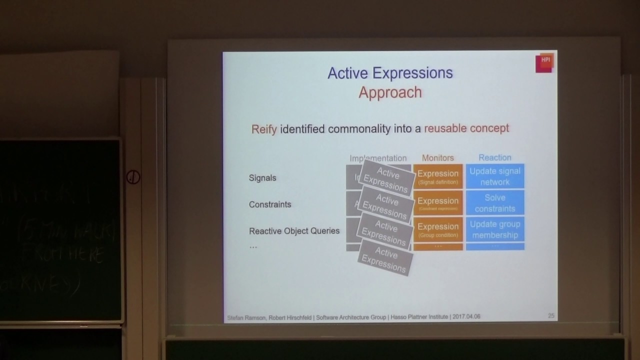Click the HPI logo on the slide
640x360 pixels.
click(544, 63)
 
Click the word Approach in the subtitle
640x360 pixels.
click(390, 92)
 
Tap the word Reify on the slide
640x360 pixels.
click(263, 129)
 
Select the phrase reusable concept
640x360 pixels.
click(466, 128)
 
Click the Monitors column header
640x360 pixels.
click(437, 157)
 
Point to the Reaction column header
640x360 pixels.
click(494, 157)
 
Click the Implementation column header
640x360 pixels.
click(378, 158)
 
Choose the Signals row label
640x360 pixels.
click(262, 178)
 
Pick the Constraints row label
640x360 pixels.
click(270, 204)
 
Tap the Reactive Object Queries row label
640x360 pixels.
click(294, 231)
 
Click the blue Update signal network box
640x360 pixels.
click(495, 176)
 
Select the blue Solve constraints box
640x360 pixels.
click(495, 203)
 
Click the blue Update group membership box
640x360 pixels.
click(495, 229)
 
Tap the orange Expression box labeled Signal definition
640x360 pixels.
click(437, 176)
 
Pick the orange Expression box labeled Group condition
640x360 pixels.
click(437, 229)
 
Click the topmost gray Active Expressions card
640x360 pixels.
click(386, 179)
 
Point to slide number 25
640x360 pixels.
click(551, 316)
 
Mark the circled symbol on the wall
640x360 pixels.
click(133, 177)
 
